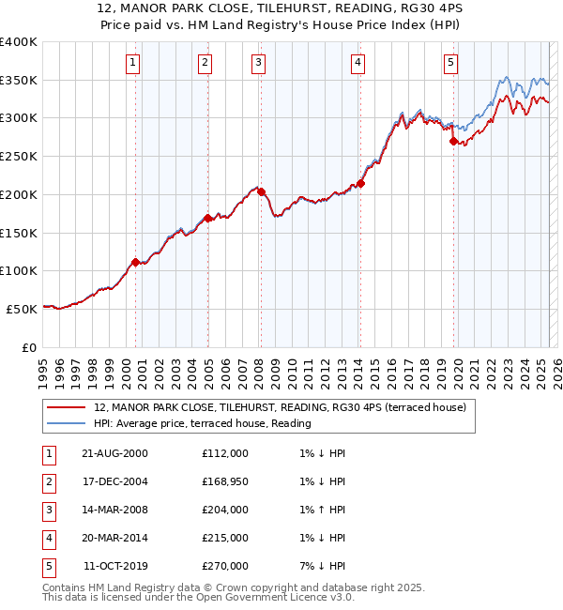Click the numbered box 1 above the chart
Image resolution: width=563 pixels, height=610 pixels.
[133, 63]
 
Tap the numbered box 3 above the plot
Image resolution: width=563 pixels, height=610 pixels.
[258, 63]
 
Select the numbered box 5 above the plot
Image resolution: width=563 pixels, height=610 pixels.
[451, 63]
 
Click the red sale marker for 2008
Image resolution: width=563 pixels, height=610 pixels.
[262, 191]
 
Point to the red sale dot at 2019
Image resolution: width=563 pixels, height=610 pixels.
[453, 141]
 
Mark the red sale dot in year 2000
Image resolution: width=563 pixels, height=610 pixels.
[135, 262]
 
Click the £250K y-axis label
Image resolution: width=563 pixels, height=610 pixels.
[18, 156]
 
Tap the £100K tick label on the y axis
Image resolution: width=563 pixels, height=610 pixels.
[18, 270]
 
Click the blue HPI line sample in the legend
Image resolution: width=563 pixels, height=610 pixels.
[68, 423]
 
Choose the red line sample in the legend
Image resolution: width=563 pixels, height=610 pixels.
[68, 407]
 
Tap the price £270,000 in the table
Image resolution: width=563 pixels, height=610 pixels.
[225, 566]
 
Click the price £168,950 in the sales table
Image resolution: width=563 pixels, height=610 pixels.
[225, 481]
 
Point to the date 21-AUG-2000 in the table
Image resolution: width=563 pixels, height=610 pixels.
[114, 453]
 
